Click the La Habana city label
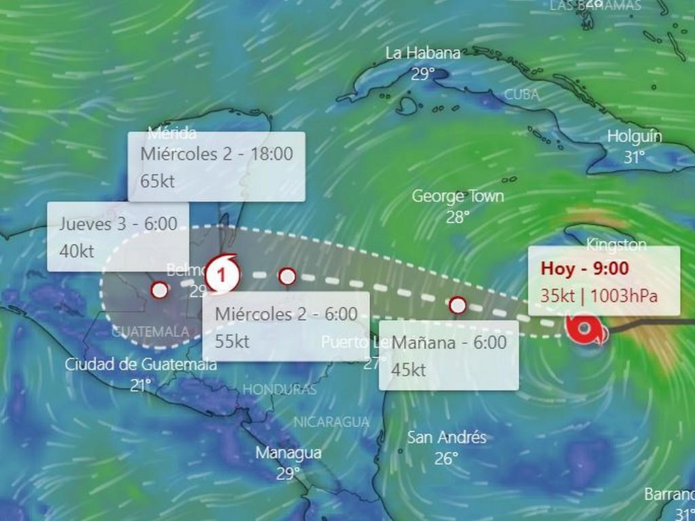tap(423, 53)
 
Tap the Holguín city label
tap(634, 136)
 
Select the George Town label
tap(458, 197)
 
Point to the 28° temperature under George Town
tap(458, 217)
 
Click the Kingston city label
tap(616, 244)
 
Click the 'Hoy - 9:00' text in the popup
tap(584, 268)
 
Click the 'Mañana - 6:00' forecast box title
tap(449, 343)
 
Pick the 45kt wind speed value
tap(409, 370)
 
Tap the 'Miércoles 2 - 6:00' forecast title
tap(286, 314)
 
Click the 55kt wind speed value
tap(232, 341)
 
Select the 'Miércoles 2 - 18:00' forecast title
tap(217, 154)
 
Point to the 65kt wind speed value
tap(157, 181)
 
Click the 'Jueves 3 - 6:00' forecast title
tap(118, 224)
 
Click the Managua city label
tap(288, 452)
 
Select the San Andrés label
tap(447, 438)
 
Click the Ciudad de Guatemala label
tap(141, 364)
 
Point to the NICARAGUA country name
tap(331, 422)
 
